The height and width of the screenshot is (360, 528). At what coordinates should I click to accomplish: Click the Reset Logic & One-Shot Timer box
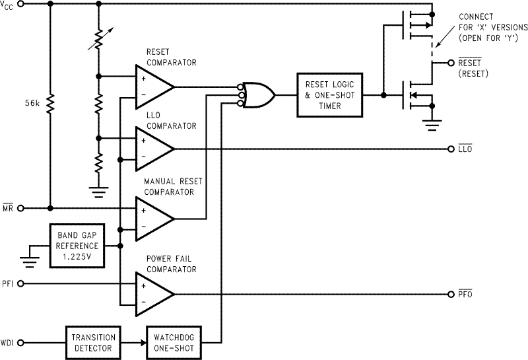(x=330, y=95)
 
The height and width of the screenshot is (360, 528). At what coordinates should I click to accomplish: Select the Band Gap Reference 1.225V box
(x=77, y=246)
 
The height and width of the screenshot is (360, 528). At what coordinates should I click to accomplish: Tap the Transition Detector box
(x=92, y=342)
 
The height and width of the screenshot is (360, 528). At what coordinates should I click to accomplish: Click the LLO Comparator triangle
(x=153, y=149)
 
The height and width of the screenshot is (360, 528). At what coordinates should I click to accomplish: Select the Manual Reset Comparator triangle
(x=153, y=218)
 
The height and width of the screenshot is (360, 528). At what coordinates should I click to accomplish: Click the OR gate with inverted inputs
(x=257, y=95)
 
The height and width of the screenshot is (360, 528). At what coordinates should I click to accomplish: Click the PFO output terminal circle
(x=451, y=293)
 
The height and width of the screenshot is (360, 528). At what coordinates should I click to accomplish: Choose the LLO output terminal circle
(x=451, y=149)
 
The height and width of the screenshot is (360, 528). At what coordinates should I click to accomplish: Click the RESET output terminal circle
(x=451, y=64)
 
